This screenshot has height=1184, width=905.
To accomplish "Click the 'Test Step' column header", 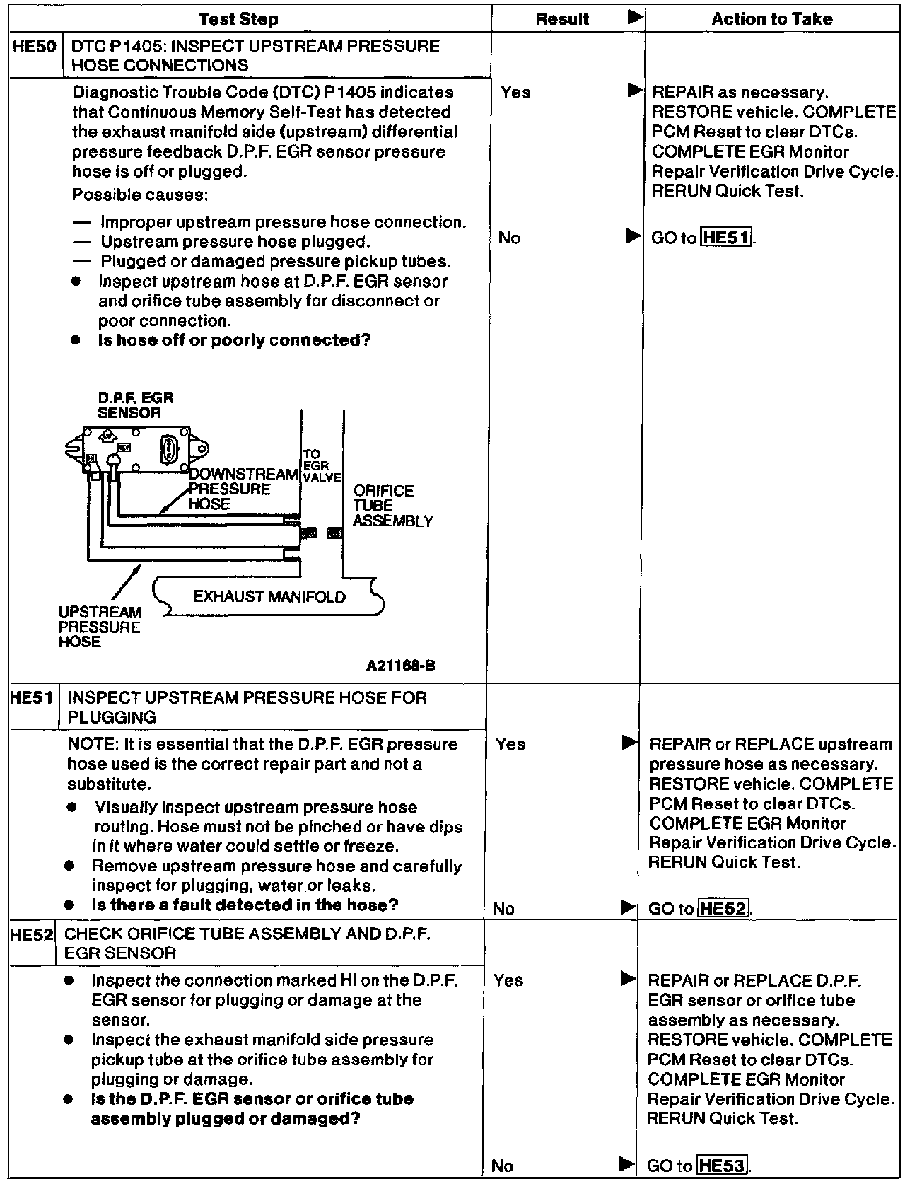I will (238, 19).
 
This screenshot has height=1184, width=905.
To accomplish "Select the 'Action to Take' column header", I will (772, 19).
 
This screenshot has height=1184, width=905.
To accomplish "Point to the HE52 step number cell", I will (32, 934).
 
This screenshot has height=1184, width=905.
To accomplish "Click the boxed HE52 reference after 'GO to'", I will (723, 909).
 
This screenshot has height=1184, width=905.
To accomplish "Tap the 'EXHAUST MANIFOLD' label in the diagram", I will (269, 597).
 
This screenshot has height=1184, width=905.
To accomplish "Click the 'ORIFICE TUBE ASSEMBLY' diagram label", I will (393, 506).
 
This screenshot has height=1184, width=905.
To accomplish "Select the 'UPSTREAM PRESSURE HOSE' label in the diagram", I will (100, 627).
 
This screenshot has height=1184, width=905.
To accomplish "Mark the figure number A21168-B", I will (401, 666).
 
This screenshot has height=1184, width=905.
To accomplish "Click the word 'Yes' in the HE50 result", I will (515, 93).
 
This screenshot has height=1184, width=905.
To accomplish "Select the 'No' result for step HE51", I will (503, 909).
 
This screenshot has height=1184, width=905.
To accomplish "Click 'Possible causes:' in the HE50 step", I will (139, 195).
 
